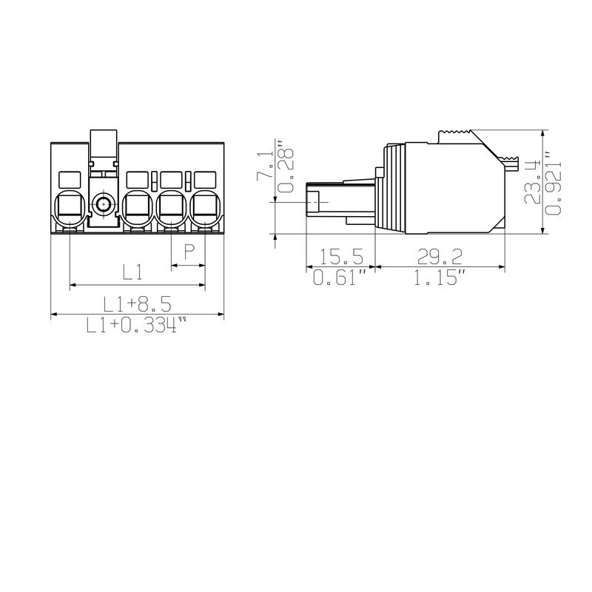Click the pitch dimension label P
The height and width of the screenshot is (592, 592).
[189, 252]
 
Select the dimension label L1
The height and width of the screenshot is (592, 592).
[132, 272]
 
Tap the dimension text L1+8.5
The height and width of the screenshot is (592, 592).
[137, 303]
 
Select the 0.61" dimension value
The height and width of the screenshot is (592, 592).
[340, 278]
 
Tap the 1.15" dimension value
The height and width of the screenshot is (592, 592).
[440, 278]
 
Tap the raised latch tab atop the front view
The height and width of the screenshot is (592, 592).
[104, 145]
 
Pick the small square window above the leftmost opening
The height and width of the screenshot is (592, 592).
[69, 179]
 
